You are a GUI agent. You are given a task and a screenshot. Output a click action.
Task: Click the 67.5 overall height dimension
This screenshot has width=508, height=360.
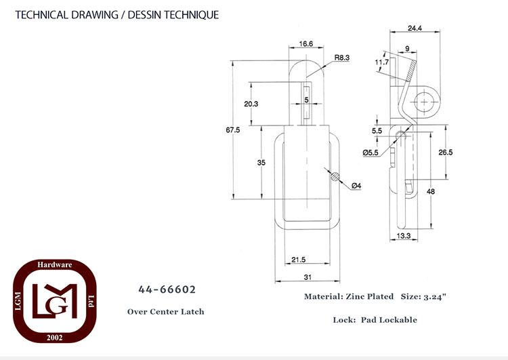click(x=233, y=129)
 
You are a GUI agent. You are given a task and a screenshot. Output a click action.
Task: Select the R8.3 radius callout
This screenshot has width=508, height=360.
click(x=342, y=58)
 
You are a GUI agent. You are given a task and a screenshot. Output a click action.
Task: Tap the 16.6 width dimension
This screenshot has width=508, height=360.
click(x=306, y=44)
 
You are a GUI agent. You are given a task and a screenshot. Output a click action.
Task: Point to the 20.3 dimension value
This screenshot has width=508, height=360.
click(x=251, y=104)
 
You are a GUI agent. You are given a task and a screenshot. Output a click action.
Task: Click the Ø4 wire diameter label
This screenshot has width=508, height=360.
click(x=356, y=186)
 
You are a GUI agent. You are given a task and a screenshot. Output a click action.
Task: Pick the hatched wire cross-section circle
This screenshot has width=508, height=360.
click(x=335, y=177)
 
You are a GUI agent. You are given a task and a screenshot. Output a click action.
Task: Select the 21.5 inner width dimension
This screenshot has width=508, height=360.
click(x=299, y=260)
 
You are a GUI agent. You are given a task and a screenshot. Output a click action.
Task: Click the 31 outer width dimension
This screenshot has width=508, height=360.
click(x=308, y=277)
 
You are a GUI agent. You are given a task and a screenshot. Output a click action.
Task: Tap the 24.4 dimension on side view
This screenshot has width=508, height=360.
click(x=415, y=28)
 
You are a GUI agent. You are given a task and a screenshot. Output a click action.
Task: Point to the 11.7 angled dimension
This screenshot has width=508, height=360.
click(x=381, y=62)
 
